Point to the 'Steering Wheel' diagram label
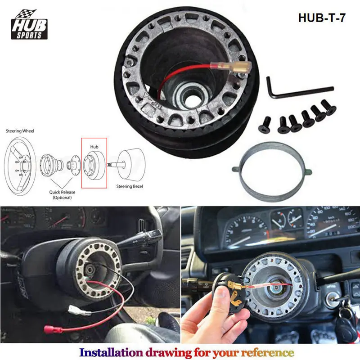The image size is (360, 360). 20,131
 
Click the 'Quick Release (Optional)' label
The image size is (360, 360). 63,195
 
